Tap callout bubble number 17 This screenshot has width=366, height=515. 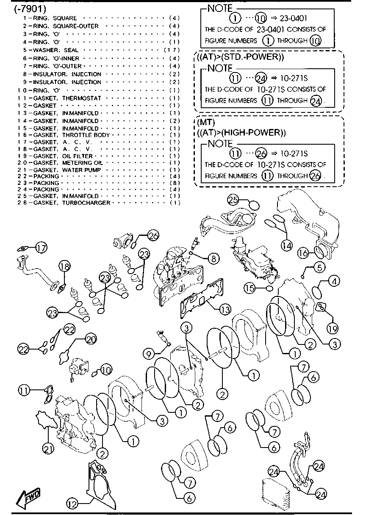coord(41,248)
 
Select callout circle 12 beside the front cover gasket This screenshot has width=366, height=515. coord(73,504)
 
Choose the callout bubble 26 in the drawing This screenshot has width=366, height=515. coord(153,235)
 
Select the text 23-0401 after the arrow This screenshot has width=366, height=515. coord(293,18)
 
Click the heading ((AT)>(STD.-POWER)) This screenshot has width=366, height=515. coord(240,57)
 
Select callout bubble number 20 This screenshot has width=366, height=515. coord(91,339)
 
